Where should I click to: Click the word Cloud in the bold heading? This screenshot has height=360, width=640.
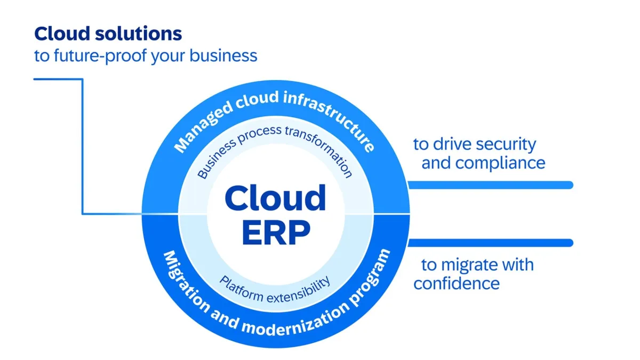point(62,34)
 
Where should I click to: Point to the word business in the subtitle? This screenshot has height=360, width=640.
point(223,55)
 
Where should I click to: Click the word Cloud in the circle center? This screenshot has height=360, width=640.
point(275,198)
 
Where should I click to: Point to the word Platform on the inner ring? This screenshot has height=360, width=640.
point(242,289)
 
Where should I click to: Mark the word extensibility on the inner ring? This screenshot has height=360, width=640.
point(299,291)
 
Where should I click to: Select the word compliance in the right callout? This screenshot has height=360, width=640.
point(500,163)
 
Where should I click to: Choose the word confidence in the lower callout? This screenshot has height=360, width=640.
point(457,283)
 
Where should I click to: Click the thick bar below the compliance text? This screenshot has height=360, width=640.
point(491,185)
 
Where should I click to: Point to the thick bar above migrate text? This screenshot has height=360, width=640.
point(491,243)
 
